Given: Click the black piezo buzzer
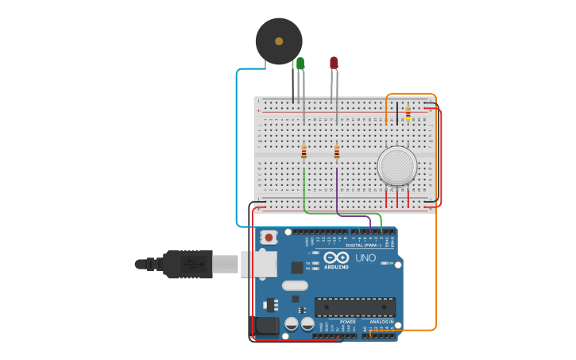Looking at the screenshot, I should tap(279, 41).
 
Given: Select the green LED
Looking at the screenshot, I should tap(300, 64).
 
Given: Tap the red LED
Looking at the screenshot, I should tap(334, 63).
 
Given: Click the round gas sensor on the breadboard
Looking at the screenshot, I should tap(396, 166).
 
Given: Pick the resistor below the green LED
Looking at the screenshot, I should tap(303, 153).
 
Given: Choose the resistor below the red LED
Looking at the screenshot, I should tap(337, 152).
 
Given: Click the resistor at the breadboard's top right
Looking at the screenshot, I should tap(408, 114).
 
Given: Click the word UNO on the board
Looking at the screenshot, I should tap(365, 258).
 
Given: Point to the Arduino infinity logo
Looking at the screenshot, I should tap(335, 258).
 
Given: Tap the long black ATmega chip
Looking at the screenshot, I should tap(354, 307).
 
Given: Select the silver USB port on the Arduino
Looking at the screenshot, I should tap(258, 264).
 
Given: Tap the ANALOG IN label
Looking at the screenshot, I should tap(383, 322).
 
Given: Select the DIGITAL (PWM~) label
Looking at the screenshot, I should tap(355, 245).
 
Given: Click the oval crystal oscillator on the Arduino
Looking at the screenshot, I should tap(294, 285).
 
